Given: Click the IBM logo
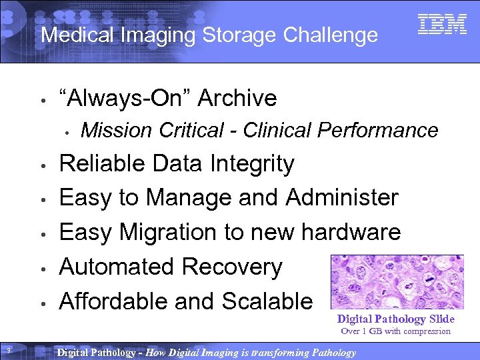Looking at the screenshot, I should click(442, 25).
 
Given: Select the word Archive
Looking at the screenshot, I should click(237, 98).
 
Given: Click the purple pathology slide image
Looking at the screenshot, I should click(397, 282).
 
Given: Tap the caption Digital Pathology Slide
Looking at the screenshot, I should click(396, 319).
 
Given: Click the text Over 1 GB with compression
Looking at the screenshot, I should click(396, 331).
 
